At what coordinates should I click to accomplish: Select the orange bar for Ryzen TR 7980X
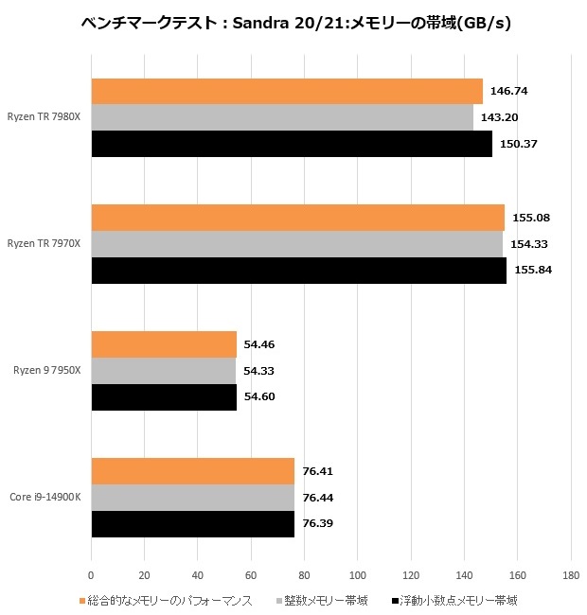coord(287,91)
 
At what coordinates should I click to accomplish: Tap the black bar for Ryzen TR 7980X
coord(292,144)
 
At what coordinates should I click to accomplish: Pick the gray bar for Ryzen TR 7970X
coord(296,244)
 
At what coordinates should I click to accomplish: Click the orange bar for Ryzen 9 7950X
coord(164,344)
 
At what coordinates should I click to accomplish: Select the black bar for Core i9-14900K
coord(193,523)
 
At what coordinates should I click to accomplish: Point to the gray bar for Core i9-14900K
coord(193,497)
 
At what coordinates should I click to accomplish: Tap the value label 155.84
coord(531,270)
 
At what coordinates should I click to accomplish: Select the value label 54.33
coord(258,370)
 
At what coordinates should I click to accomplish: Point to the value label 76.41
coord(317,471)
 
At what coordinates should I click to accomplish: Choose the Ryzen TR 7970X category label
coord(44,244)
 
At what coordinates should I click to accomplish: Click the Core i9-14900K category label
coord(44,497)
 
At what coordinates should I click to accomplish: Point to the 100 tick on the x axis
coord(357,574)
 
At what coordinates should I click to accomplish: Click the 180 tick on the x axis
coord(570,574)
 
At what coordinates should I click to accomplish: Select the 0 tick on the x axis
coord(91,574)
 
